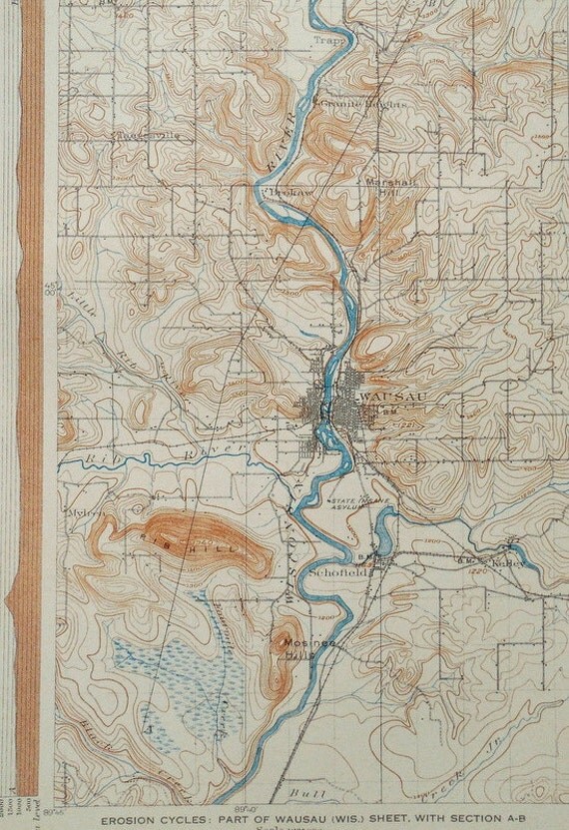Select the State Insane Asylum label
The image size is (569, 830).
point(358,504)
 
